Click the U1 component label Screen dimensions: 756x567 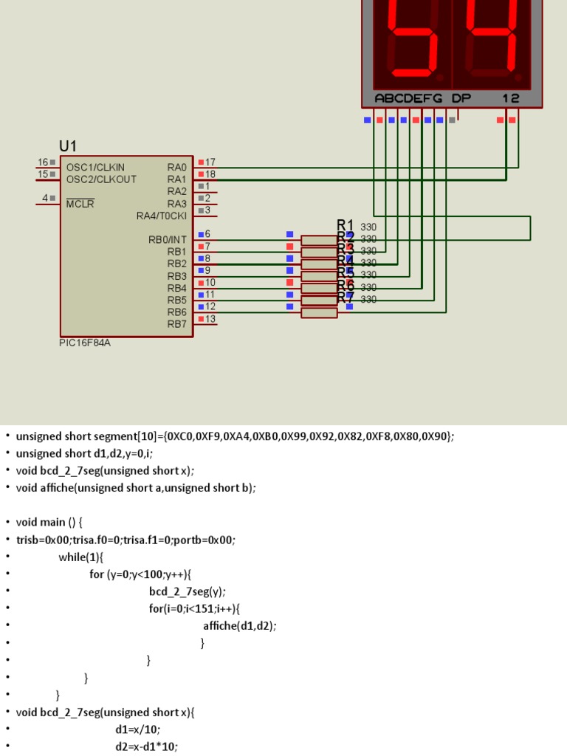[68, 146]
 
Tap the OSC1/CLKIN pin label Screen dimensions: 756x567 [95, 168]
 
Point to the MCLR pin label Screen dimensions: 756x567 [80, 204]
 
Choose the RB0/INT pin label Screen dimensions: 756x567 [168, 240]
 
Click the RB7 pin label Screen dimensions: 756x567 [177, 324]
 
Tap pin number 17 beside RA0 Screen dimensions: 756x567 [210, 162]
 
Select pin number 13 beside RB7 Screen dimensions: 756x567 [210, 319]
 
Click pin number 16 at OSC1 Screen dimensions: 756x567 [43, 162]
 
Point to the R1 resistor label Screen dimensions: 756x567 [346, 225]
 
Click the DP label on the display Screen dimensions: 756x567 [461, 98]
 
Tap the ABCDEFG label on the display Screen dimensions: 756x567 [408, 98]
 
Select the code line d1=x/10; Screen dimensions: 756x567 [138, 729]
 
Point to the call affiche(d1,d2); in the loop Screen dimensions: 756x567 [240, 626]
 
